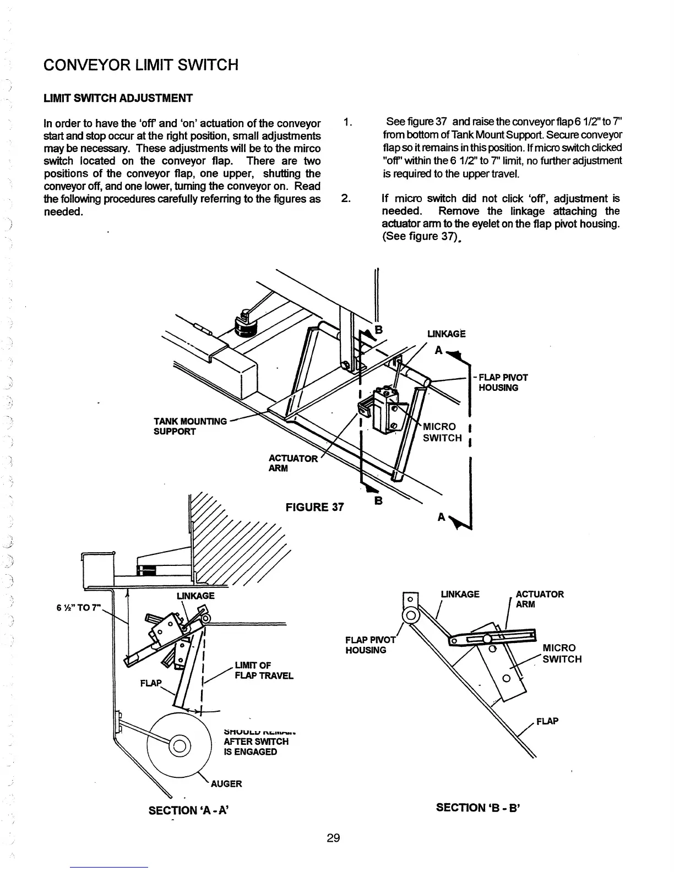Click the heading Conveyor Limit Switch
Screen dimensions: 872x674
pyautogui.click(x=141, y=65)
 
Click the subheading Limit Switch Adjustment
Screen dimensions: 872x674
pyautogui.click(x=118, y=99)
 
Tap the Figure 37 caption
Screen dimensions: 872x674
pyautogui.click(x=314, y=507)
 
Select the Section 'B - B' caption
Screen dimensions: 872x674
pyautogui.click(x=479, y=808)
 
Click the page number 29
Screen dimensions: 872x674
pyautogui.click(x=333, y=838)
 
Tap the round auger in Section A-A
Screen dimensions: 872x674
pyautogui.click(x=179, y=746)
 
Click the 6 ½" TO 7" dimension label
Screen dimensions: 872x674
pyautogui.click(x=76, y=608)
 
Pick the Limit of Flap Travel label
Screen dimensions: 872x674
pyautogui.click(x=264, y=671)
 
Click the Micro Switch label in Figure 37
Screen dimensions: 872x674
pyautogui.click(x=442, y=432)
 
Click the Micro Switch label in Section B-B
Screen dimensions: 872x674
pyautogui.click(x=562, y=653)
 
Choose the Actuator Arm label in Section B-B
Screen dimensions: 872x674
pyautogui.click(x=540, y=599)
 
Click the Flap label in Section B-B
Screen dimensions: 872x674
pyautogui.click(x=548, y=721)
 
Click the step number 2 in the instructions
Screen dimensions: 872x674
pyautogui.click(x=346, y=199)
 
